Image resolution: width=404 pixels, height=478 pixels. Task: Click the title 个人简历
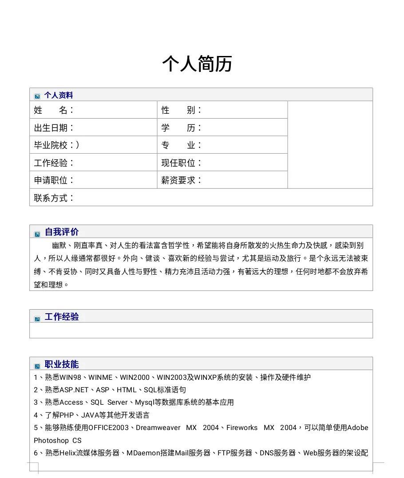pyautogui.click(x=197, y=64)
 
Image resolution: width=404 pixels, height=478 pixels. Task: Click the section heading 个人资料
pyautogui.click(x=58, y=96)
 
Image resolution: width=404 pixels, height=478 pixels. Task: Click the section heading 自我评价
pyautogui.click(x=62, y=232)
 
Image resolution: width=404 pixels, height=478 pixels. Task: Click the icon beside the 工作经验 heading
pyautogui.click(x=37, y=319)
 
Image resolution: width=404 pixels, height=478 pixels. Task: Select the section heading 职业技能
pyautogui.click(x=62, y=364)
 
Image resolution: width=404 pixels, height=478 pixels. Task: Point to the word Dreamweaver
pyautogui.click(x=158, y=428)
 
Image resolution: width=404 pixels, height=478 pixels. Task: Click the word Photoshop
pyautogui.click(x=51, y=441)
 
